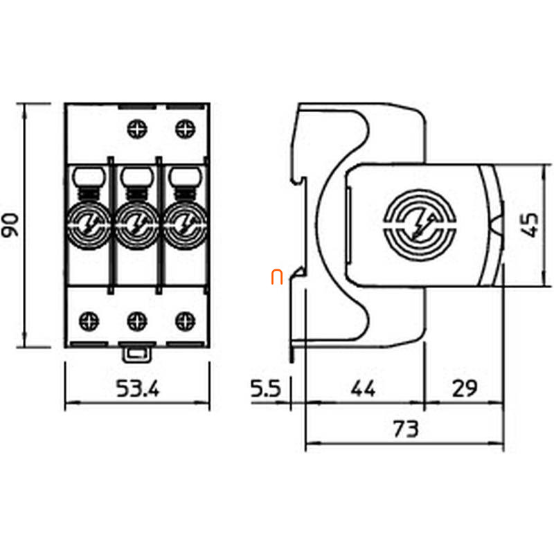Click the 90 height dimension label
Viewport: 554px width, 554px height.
pyautogui.click(x=10, y=225)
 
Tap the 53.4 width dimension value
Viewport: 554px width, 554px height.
pyautogui.click(x=138, y=388)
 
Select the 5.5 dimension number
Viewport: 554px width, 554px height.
pyautogui.click(x=266, y=388)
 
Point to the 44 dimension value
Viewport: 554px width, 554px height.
pyautogui.click(x=363, y=388)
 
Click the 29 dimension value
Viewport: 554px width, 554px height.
pyautogui.click(x=465, y=388)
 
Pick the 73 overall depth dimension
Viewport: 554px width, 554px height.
pyautogui.click(x=406, y=429)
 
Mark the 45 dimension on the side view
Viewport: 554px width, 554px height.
pyautogui.click(x=531, y=225)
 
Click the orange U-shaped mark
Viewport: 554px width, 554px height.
pyautogui.click(x=276, y=278)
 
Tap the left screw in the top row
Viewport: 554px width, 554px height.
pyautogui.click(x=137, y=129)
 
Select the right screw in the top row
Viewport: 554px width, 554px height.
pyautogui.click(x=186, y=129)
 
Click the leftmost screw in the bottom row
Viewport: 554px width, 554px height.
pyautogui.click(x=89, y=321)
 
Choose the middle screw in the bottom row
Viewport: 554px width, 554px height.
pyautogui.click(x=137, y=321)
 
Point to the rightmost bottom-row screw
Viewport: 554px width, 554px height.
pyautogui.click(x=186, y=321)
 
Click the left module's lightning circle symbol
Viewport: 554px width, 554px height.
pyautogui.click(x=89, y=225)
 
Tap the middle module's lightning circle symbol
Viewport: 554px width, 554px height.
pyautogui.click(x=136, y=225)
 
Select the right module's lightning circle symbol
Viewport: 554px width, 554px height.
pyautogui.click(x=185, y=225)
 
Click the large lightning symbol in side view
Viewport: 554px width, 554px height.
pyautogui.click(x=420, y=226)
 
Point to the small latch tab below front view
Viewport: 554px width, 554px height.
pyautogui.click(x=136, y=355)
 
